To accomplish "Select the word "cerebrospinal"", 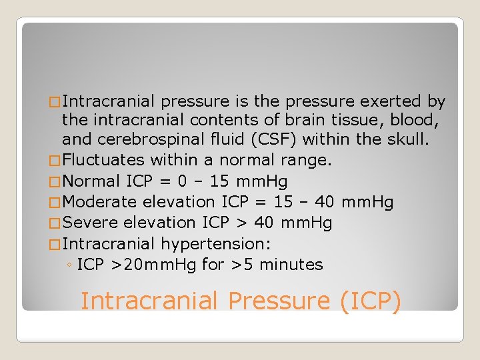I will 155,140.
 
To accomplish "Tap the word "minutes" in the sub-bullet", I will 291,265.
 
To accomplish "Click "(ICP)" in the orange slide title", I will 370,301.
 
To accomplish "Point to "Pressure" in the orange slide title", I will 280,301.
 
